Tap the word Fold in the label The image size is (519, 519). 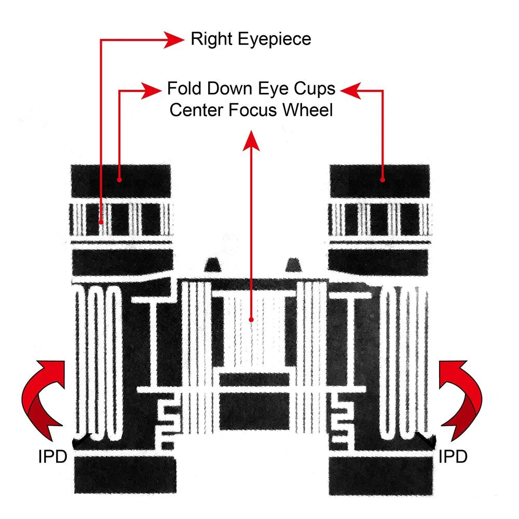tap(184, 89)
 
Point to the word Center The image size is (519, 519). tap(197, 110)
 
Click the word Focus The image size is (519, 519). tap(253, 110)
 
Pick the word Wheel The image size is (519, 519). tap(307, 110)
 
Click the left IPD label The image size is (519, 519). tap(52, 457)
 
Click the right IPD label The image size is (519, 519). tap(453, 457)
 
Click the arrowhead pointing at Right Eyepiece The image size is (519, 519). tap(174, 40)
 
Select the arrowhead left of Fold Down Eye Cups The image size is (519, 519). tap(151, 90)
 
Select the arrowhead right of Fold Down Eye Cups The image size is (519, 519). tap(350, 90)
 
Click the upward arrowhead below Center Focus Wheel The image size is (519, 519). tap(251, 141)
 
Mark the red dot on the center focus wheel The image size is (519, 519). tap(251, 320)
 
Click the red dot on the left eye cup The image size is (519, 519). tap(119, 180)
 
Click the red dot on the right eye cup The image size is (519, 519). tap(383, 180)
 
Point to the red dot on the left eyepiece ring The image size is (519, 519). tap(101, 222)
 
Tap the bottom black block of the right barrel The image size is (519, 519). tap(381, 475)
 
